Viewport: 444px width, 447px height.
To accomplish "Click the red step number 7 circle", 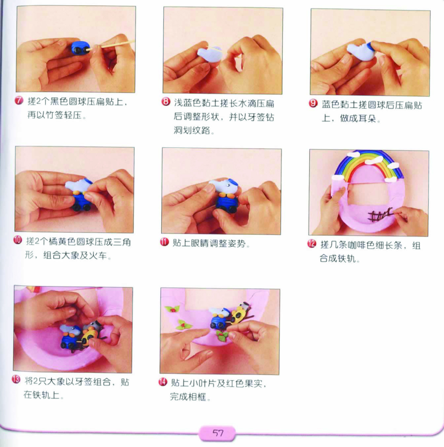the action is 19,101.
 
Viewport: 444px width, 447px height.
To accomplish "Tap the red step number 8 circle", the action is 166,101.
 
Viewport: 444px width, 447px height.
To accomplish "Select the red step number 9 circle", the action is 313,103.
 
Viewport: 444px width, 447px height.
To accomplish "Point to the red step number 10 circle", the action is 18,240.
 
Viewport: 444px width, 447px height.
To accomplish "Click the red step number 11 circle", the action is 164,242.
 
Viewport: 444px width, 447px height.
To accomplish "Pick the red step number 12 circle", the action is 311,244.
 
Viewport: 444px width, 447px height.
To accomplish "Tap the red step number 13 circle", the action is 16,379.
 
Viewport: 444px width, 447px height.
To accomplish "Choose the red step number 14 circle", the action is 162,382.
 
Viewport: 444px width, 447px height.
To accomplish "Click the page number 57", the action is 218,433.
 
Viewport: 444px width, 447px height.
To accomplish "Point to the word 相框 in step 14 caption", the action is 197,397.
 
